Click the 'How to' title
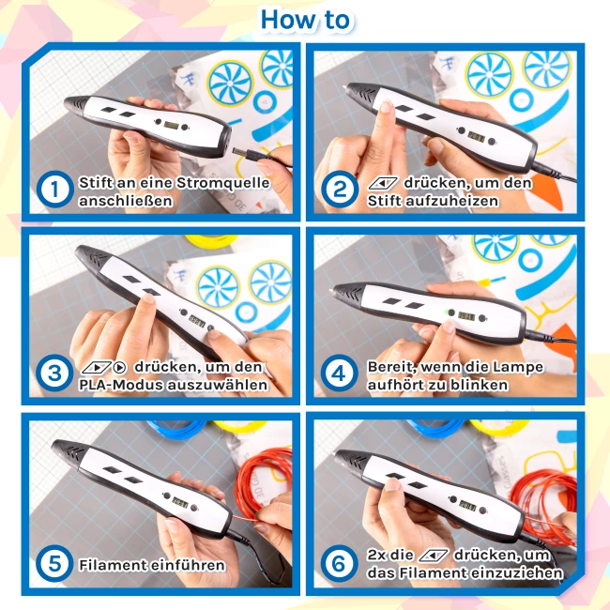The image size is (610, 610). click(305, 20)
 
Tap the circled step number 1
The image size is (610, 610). click(54, 190)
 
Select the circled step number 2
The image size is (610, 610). click(340, 190)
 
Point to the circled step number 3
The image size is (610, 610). click(54, 373)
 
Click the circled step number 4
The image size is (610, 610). click(340, 373)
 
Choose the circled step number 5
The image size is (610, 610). click(54, 563)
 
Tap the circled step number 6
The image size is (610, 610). click(340, 563)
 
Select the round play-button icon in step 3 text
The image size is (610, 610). click(120, 367)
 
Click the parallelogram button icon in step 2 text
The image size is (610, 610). click(383, 183)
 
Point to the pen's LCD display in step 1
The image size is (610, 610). click(171, 125)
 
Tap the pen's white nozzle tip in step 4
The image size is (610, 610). click(331, 290)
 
